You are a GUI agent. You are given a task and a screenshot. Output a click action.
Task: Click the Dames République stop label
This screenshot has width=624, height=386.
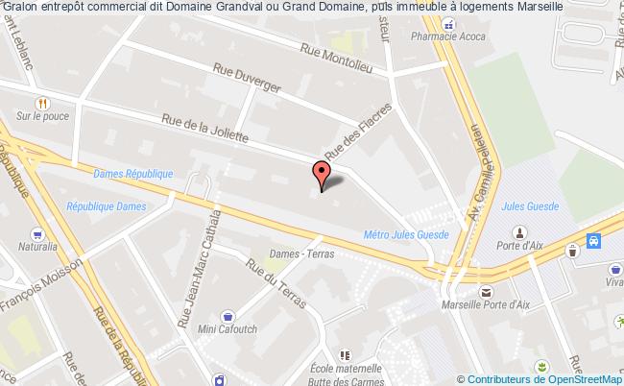point(133,174)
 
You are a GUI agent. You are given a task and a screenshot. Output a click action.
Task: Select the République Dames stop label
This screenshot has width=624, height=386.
point(107,206)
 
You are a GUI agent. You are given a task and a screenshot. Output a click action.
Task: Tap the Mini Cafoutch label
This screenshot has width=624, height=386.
point(227,328)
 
